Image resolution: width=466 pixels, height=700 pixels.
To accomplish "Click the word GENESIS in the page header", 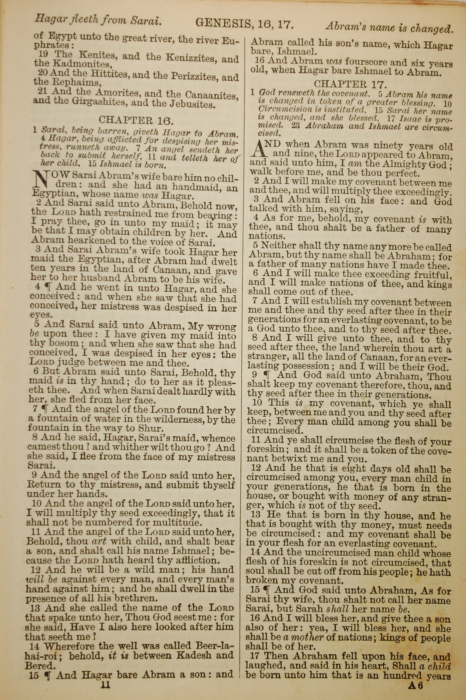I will (223, 23).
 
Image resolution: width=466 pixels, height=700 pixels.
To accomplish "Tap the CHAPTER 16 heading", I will (135, 120).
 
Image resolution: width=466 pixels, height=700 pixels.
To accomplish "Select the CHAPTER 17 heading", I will (350, 84).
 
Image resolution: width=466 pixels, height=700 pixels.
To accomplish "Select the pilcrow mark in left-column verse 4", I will (47, 287).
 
